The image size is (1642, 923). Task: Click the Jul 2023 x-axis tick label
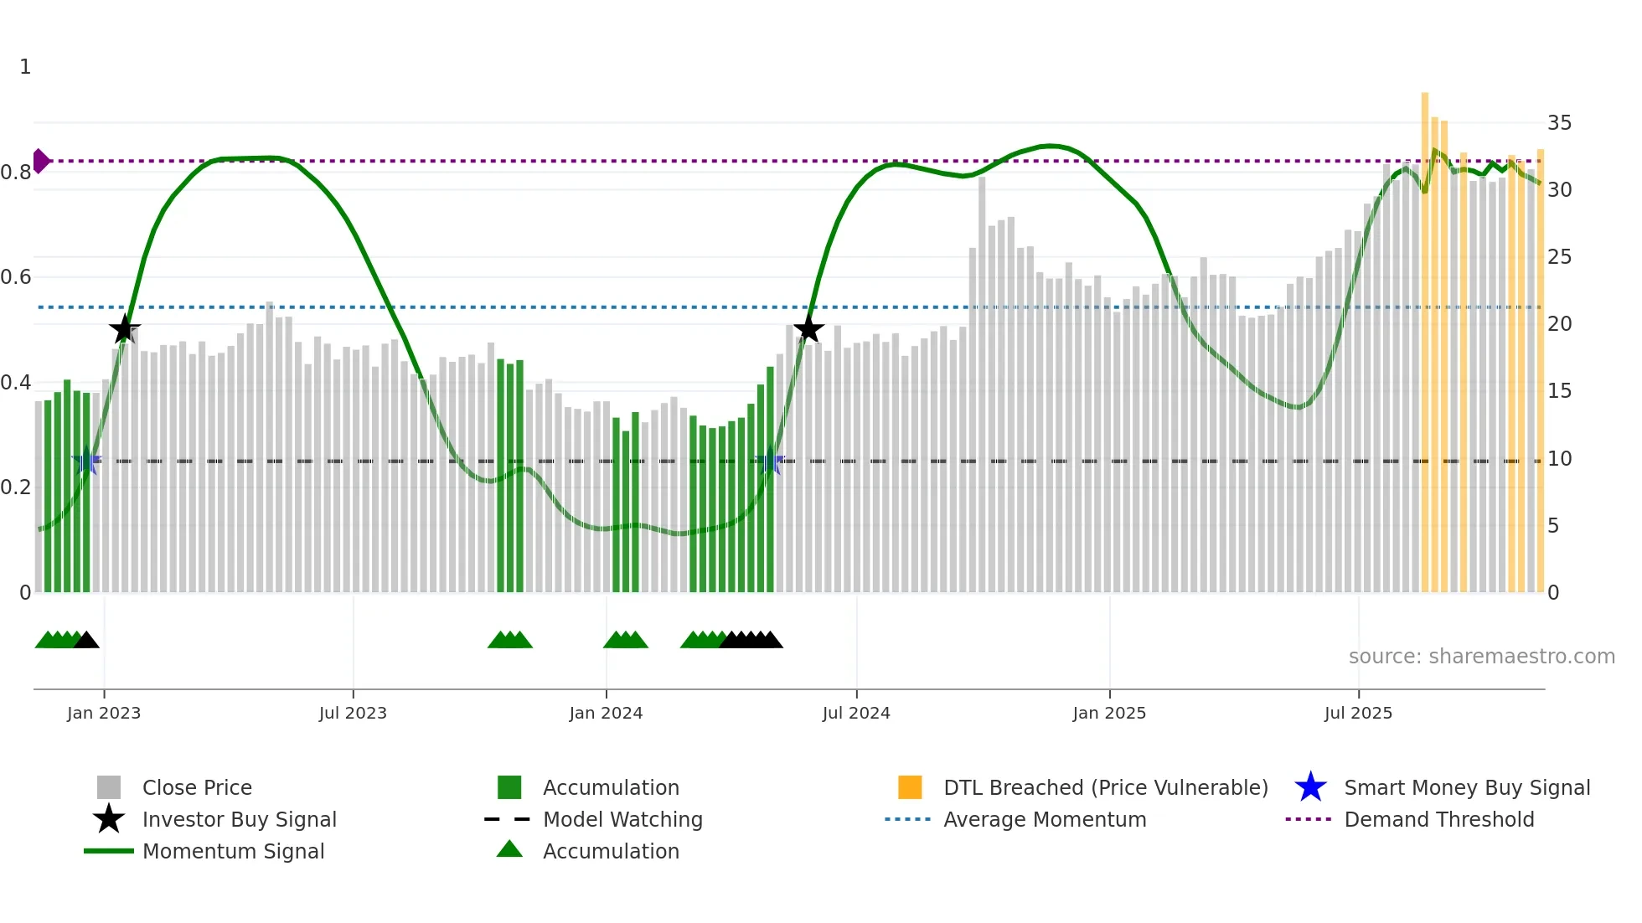point(353,713)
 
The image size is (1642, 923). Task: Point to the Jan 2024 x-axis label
point(606,713)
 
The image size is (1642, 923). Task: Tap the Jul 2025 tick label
point(1358,713)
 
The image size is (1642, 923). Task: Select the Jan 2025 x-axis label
point(1109,713)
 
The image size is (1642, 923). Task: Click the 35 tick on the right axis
point(1559,123)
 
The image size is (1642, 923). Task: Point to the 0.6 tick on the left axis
point(16,277)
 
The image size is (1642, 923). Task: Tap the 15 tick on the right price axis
point(1559,391)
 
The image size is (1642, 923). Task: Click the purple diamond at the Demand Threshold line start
point(40,161)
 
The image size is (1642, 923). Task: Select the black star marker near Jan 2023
point(125,329)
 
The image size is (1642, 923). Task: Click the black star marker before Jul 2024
point(808,329)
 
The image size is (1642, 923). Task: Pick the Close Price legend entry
point(197,787)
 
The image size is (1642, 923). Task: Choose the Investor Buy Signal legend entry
point(239,819)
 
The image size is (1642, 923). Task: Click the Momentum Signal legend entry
point(233,851)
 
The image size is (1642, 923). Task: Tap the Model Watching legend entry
point(622,819)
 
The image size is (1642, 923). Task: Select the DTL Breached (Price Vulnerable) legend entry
point(1105,787)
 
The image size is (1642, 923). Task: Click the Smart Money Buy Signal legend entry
point(1467,787)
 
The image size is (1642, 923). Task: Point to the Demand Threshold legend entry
point(1438,819)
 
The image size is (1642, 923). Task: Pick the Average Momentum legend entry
point(1045,819)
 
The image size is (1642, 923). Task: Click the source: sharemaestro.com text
point(1481,657)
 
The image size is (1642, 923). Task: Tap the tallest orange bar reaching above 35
point(1424,335)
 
